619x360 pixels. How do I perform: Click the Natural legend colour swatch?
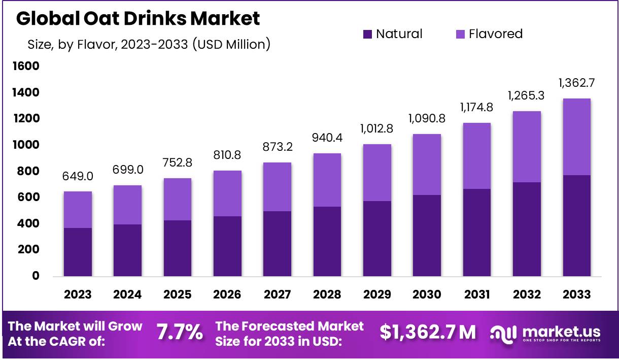(x=367, y=35)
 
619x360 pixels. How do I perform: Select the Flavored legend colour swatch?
(x=460, y=35)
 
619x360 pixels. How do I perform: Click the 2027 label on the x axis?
(x=277, y=294)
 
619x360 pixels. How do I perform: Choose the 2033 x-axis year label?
(x=576, y=294)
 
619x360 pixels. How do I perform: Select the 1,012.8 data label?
(x=377, y=128)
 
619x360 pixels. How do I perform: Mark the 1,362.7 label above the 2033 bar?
(x=576, y=82)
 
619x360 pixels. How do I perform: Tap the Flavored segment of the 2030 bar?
(x=427, y=165)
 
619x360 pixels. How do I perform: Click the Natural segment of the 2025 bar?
(x=177, y=248)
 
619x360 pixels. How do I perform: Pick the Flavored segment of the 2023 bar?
(x=78, y=210)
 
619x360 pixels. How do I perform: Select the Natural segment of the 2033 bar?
(x=576, y=226)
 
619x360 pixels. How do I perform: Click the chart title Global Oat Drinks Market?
(x=138, y=18)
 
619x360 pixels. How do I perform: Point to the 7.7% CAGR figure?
(x=180, y=333)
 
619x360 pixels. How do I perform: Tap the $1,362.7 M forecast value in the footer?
(x=428, y=333)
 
